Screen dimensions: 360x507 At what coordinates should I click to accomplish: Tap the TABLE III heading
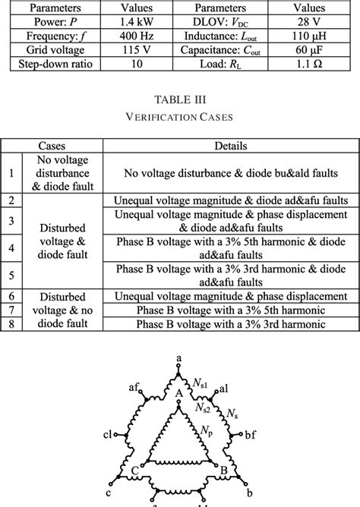click(179, 100)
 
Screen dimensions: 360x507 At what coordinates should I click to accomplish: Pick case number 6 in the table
click(11, 296)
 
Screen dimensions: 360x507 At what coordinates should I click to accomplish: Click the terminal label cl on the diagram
click(108, 436)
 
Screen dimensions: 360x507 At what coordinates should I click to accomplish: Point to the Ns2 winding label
click(203, 408)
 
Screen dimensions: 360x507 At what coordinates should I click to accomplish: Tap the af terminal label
click(134, 387)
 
